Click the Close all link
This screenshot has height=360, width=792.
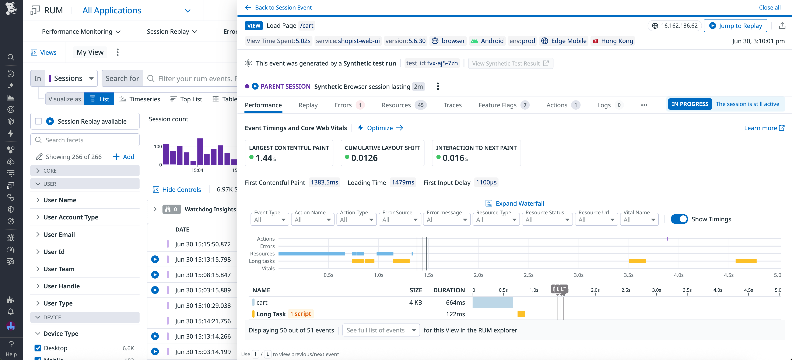(x=769, y=7)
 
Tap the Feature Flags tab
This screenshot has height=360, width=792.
(x=497, y=105)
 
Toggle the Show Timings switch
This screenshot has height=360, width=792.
(x=679, y=219)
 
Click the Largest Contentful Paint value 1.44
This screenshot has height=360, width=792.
(x=264, y=158)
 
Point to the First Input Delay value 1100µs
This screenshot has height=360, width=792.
(x=486, y=183)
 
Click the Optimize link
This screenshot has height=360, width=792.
(x=380, y=128)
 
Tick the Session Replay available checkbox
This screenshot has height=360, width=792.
(x=38, y=121)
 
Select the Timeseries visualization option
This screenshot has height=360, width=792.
(x=140, y=99)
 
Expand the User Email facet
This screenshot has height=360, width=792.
(x=59, y=234)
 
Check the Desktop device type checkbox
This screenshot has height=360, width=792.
(x=38, y=348)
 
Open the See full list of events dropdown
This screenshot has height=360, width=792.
(x=381, y=330)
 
